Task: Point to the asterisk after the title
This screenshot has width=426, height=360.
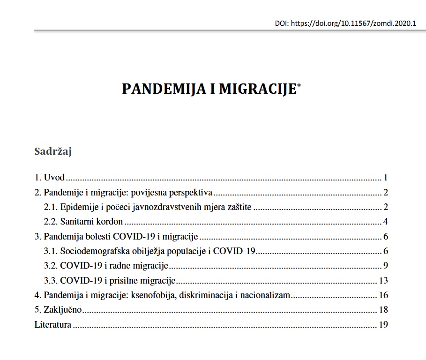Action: click(x=299, y=85)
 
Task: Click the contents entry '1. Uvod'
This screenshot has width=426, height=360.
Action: click(x=49, y=178)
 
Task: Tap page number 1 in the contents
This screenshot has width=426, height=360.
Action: click(x=385, y=178)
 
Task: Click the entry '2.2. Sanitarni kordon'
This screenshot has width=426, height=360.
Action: click(x=83, y=222)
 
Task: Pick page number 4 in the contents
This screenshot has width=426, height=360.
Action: click(x=385, y=222)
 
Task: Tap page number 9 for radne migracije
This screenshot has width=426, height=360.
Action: click(x=385, y=266)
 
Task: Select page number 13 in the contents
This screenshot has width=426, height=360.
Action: click(x=383, y=281)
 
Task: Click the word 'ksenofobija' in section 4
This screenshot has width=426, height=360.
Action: click(x=151, y=295)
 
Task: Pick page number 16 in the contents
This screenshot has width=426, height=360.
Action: click(x=383, y=295)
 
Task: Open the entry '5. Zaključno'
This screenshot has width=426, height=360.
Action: click(x=59, y=310)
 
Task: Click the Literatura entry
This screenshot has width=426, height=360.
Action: click(x=53, y=324)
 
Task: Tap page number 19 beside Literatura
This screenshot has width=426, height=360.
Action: click(x=383, y=324)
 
